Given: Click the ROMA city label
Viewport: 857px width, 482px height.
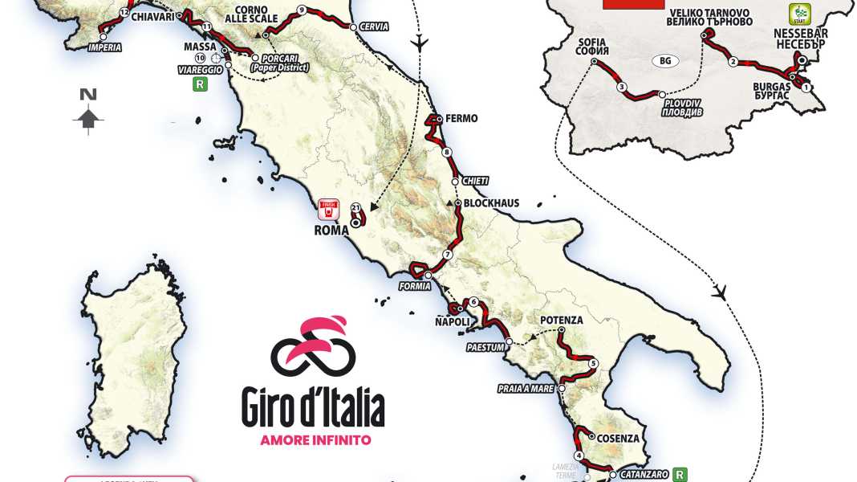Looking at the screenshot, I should pyautogui.click(x=331, y=231).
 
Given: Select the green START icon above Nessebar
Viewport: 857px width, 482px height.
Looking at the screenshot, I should pyautogui.click(x=800, y=14).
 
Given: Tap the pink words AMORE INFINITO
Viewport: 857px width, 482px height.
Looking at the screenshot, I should pyautogui.click(x=315, y=439).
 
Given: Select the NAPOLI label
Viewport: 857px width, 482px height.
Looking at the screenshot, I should pyautogui.click(x=452, y=321).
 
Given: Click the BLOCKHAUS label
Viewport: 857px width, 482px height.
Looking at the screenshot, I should pyautogui.click(x=490, y=203).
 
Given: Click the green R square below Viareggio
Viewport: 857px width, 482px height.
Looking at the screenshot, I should pyautogui.click(x=200, y=84).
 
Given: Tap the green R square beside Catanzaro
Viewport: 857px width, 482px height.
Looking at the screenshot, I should pyautogui.click(x=680, y=474).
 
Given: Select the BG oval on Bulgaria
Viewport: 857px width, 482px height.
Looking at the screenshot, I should pyautogui.click(x=664, y=61).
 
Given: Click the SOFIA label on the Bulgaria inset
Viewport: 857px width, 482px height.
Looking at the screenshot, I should pyautogui.click(x=593, y=47).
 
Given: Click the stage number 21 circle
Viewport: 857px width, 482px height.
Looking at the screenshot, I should pyautogui.click(x=355, y=208).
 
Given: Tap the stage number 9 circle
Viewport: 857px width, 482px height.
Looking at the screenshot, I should pyautogui.click(x=301, y=10).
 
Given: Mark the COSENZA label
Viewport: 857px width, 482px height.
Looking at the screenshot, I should pyautogui.click(x=618, y=439).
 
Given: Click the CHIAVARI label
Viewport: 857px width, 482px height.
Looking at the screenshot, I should pyautogui.click(x=153, y=15).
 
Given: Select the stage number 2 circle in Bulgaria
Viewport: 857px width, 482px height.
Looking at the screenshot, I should pyautogui.click(x=733, y=62).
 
